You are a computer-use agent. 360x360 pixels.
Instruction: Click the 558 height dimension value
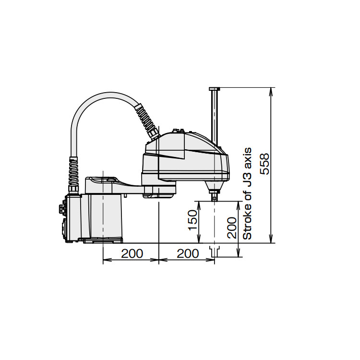pyautogui.click(x=264, y=164)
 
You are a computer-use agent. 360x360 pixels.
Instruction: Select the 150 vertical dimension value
pyautogui.click(x=192, y=220)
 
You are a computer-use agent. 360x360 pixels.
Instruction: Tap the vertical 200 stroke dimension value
pyautogui.click(x=232, y=228)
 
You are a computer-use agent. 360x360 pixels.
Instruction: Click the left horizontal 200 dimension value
pyautogui.click(x=132, y=254)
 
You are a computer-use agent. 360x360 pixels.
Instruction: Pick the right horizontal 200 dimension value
pyautogui.click(x=188, y=254)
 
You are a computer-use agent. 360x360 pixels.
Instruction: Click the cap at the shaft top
pyautogui.click(x=215, y=89)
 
